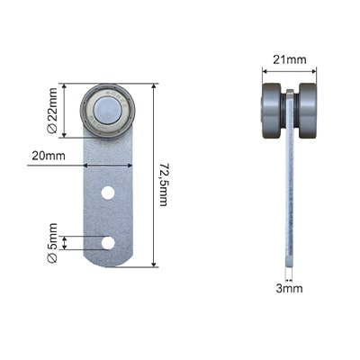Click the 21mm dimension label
click(x=290, y=59)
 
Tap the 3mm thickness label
click(x=289, y=289)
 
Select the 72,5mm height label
click(x=163, y=184)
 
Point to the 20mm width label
click(x=49, y=156)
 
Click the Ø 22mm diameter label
click(x=52, y=111)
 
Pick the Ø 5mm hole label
click(x=52, y=243)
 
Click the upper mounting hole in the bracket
click(x=108, y=193)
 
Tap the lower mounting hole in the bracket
click(x=108, y=243)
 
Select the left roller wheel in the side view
click(x=272, y=111)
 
